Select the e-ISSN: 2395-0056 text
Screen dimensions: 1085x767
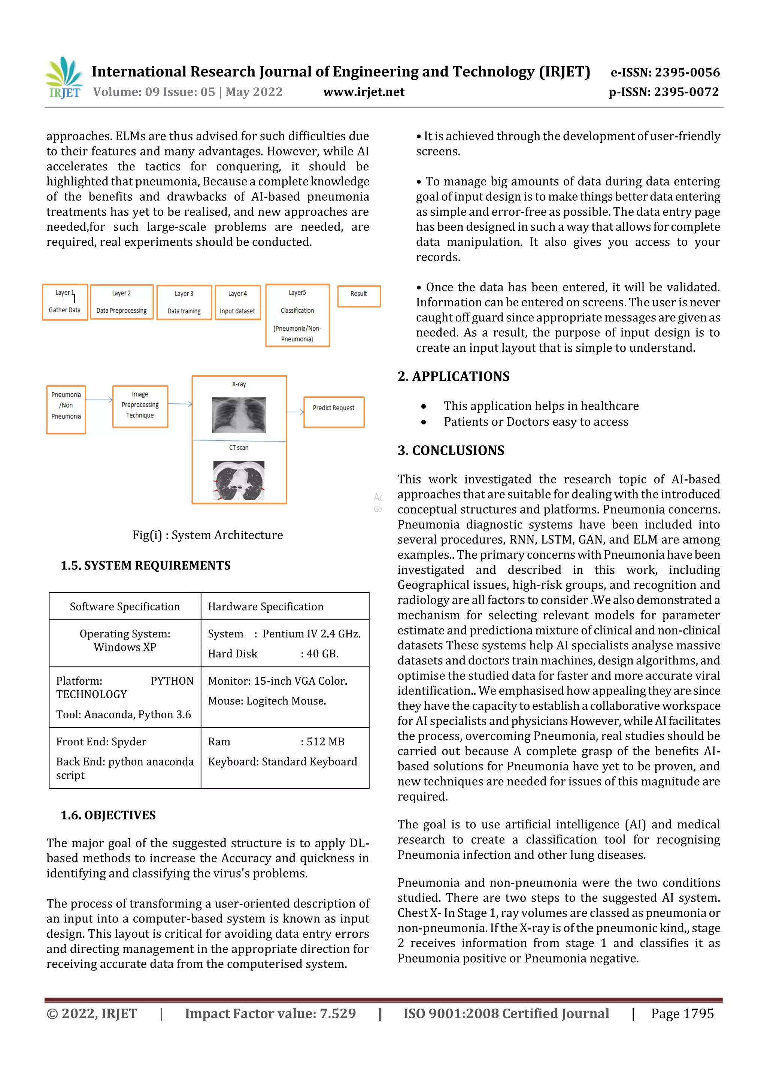click(665, 72)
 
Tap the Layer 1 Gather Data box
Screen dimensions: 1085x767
click(65, 302)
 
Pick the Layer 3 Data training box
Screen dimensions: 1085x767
click(184, 303)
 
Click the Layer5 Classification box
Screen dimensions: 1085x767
click(297, 315)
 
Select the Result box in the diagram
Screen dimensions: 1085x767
click(359, 296)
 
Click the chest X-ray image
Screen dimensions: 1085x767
click(239, 415)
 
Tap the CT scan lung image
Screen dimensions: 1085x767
click(239, 480)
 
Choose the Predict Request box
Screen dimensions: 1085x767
click(334, 412)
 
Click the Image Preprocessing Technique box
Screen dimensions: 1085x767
click(140, 406)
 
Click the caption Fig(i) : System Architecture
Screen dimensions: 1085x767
click(207, 535)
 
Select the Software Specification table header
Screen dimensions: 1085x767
click(125, 606)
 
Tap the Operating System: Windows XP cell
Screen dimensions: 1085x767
click(125, 640)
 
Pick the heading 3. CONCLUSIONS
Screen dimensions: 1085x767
click(451, 450)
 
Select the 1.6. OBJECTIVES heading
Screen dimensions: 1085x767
click(108, 815)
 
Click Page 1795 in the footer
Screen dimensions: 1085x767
click(682, 1013)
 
